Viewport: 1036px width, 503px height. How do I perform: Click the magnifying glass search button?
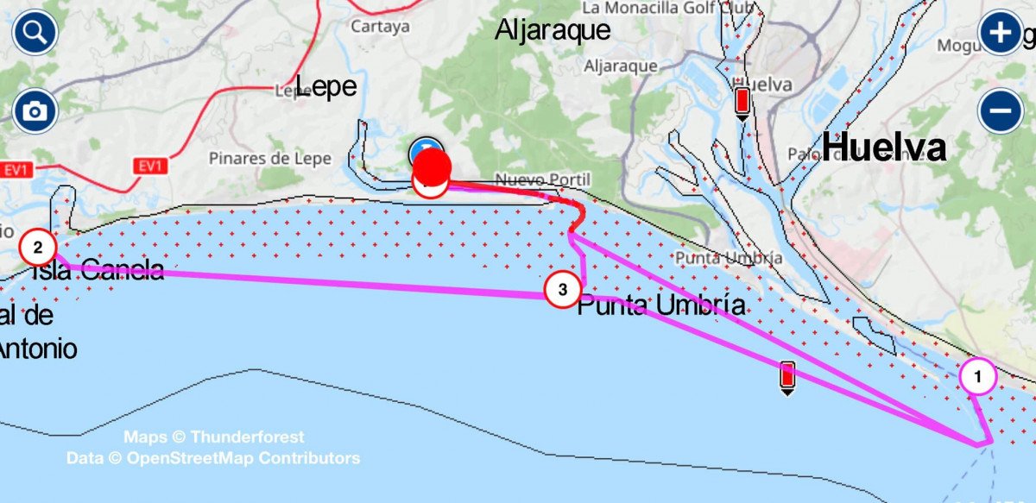tap(35, 34)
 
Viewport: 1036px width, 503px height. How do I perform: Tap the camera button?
tap(35, 111)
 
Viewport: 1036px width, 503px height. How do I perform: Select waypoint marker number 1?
tap(978, 376)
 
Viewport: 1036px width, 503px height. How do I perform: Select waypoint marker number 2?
tap(38, 248)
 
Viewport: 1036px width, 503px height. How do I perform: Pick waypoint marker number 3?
tap(562, 290)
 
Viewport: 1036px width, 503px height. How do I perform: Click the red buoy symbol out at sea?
tap(786, 376)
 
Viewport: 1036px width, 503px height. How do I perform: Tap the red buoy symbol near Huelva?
tap(741, 101)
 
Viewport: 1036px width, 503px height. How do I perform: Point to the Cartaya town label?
tap(380, 27)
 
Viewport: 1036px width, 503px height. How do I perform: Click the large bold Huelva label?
tap(883, 148)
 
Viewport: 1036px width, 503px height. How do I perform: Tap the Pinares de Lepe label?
tap(260, 159)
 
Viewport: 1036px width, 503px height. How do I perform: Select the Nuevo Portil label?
tap(542, 179)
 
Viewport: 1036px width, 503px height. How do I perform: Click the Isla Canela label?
tap(97, 271)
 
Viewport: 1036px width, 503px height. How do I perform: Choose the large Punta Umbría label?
tap(660, 305)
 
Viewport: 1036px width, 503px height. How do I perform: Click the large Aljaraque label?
tap(553, 31)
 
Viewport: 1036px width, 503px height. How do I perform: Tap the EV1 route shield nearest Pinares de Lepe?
tap(149, 167)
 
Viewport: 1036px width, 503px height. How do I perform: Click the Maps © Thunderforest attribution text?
tap(213, 437)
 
